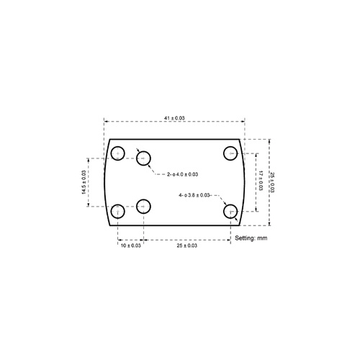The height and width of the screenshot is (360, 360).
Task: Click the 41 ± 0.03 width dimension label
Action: tap(174, 117)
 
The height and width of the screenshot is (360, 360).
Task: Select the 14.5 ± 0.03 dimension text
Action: tap(84, 182)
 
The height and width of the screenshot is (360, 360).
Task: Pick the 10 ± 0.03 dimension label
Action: tap(130, 246)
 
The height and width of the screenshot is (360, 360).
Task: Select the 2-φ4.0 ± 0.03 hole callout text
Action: tap(182, 174)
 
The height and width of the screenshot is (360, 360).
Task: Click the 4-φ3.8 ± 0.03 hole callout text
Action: tap(194, 195)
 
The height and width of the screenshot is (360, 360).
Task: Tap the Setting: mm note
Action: tap(251, 238)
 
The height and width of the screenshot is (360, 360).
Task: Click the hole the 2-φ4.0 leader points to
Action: tap(145, 158)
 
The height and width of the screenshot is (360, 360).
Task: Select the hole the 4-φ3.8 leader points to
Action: tap(230, 211)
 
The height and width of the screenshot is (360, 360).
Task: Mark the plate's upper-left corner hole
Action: tap(119, 153)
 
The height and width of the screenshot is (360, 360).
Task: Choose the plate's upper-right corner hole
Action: tap(230, 153)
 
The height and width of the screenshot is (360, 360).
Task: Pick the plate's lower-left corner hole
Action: tap(119, 211)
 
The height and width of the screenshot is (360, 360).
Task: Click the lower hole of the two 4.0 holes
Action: tap(143, 206)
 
